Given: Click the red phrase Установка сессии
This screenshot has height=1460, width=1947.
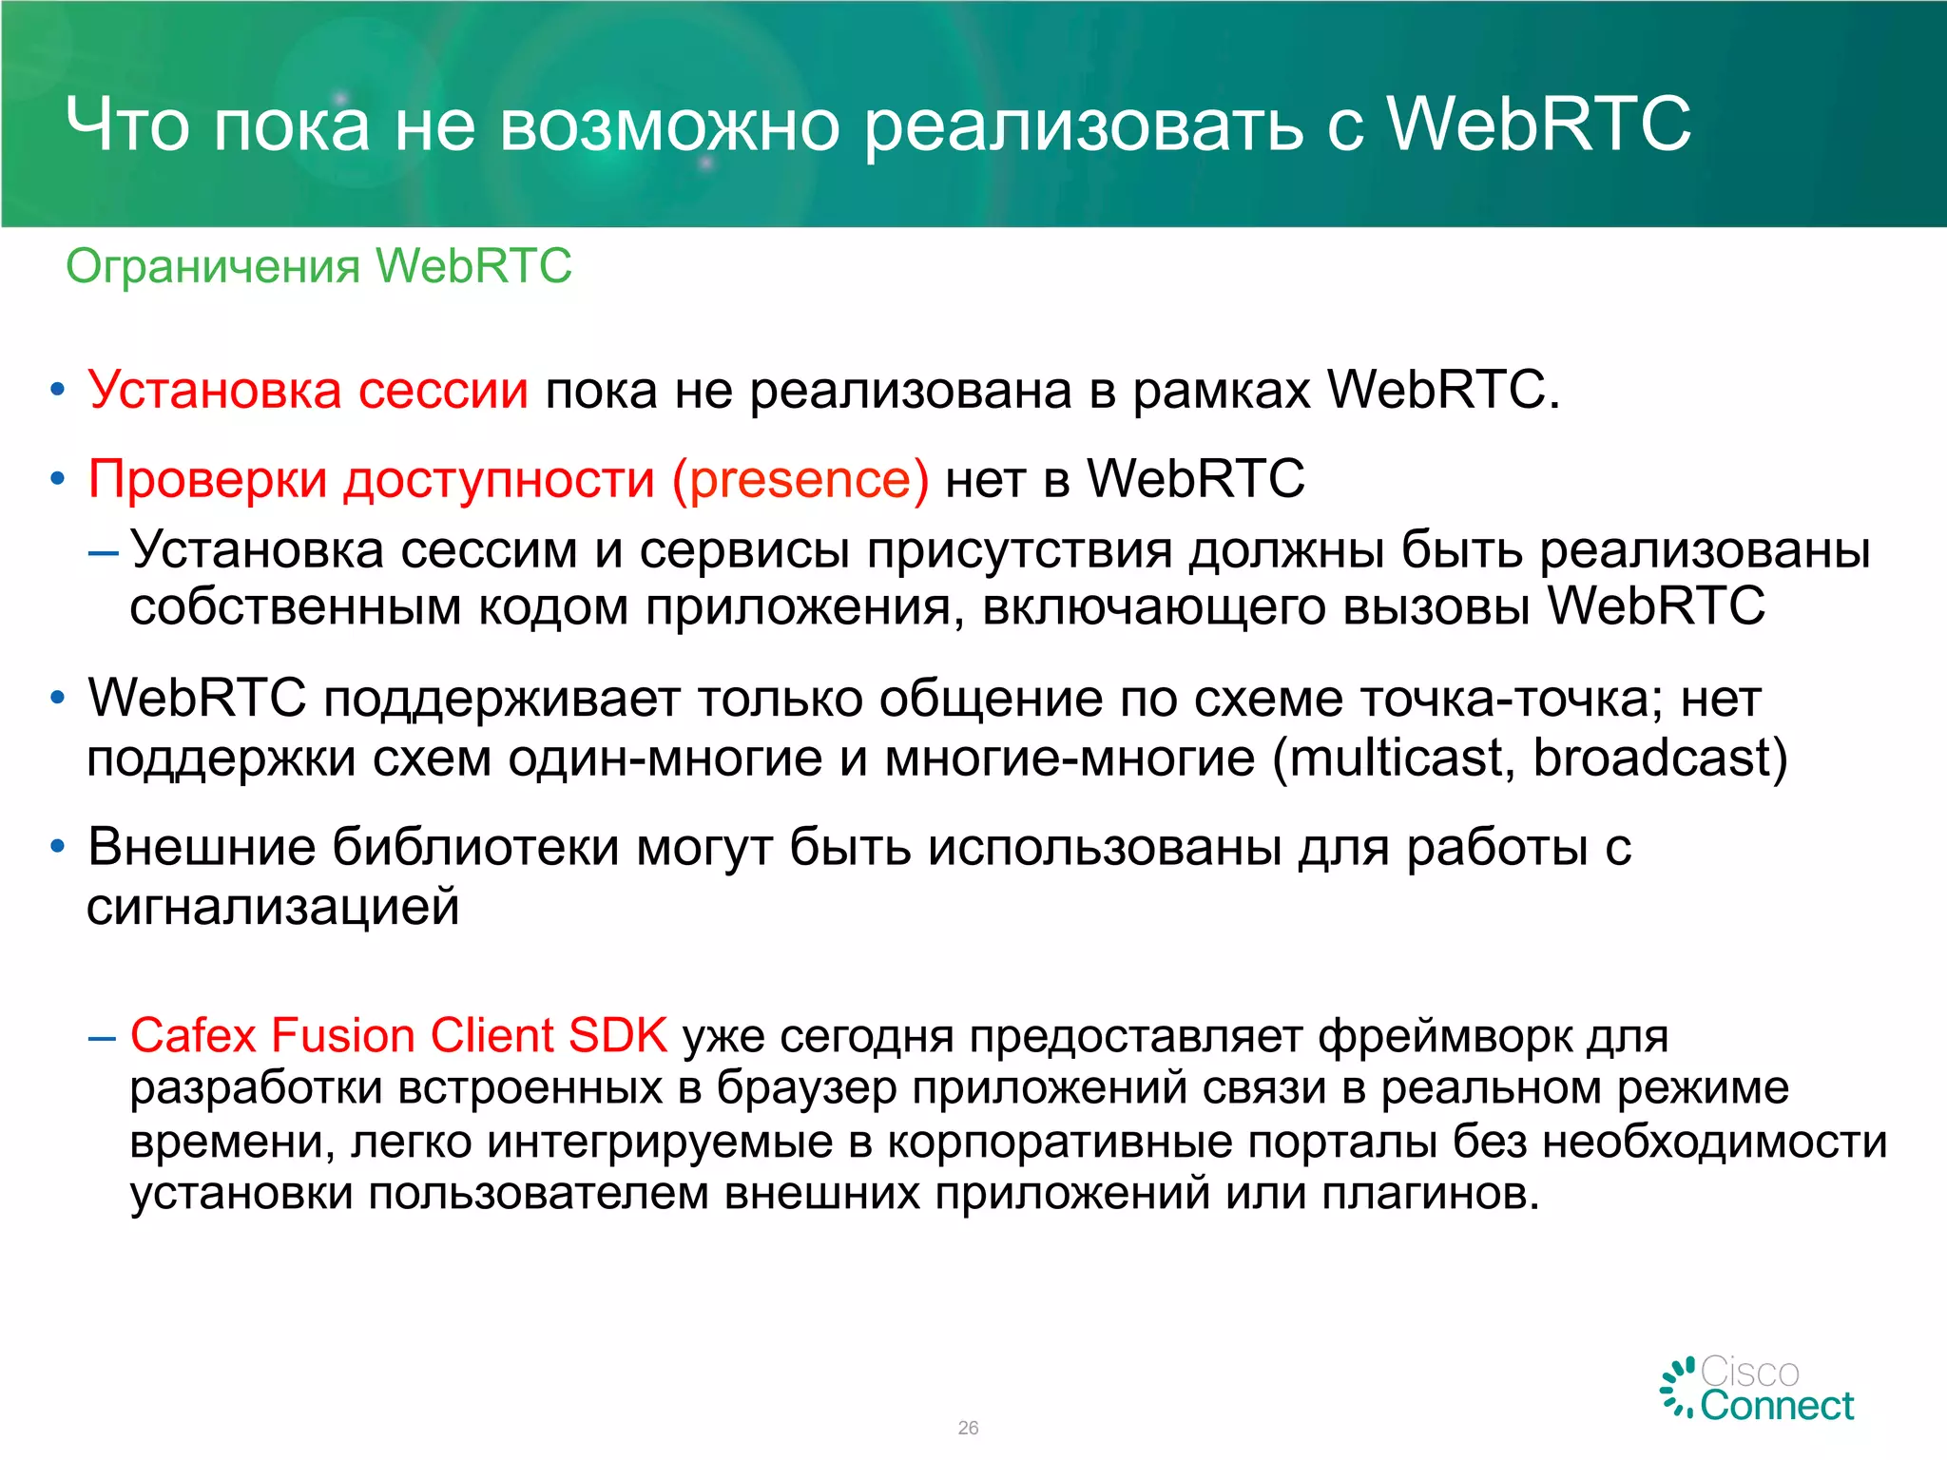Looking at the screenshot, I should tap(308, 391).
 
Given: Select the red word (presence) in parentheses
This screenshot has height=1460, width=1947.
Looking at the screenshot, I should tap(800, 479).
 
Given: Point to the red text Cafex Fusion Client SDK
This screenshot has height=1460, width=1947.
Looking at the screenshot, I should tap(398, 1035).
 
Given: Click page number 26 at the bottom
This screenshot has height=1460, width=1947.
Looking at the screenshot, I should tap(968, 1428).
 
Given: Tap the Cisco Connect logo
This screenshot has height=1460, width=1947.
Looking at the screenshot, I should tap(1757, 1390).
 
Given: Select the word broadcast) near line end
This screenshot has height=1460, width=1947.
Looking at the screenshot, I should tap(1660, 759).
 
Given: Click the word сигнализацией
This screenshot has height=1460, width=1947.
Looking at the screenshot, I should tap(273, 907).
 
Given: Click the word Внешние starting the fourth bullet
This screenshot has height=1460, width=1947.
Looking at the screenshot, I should tap(201, 847).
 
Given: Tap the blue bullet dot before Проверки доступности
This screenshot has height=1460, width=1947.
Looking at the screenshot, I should tap(58, 478).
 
